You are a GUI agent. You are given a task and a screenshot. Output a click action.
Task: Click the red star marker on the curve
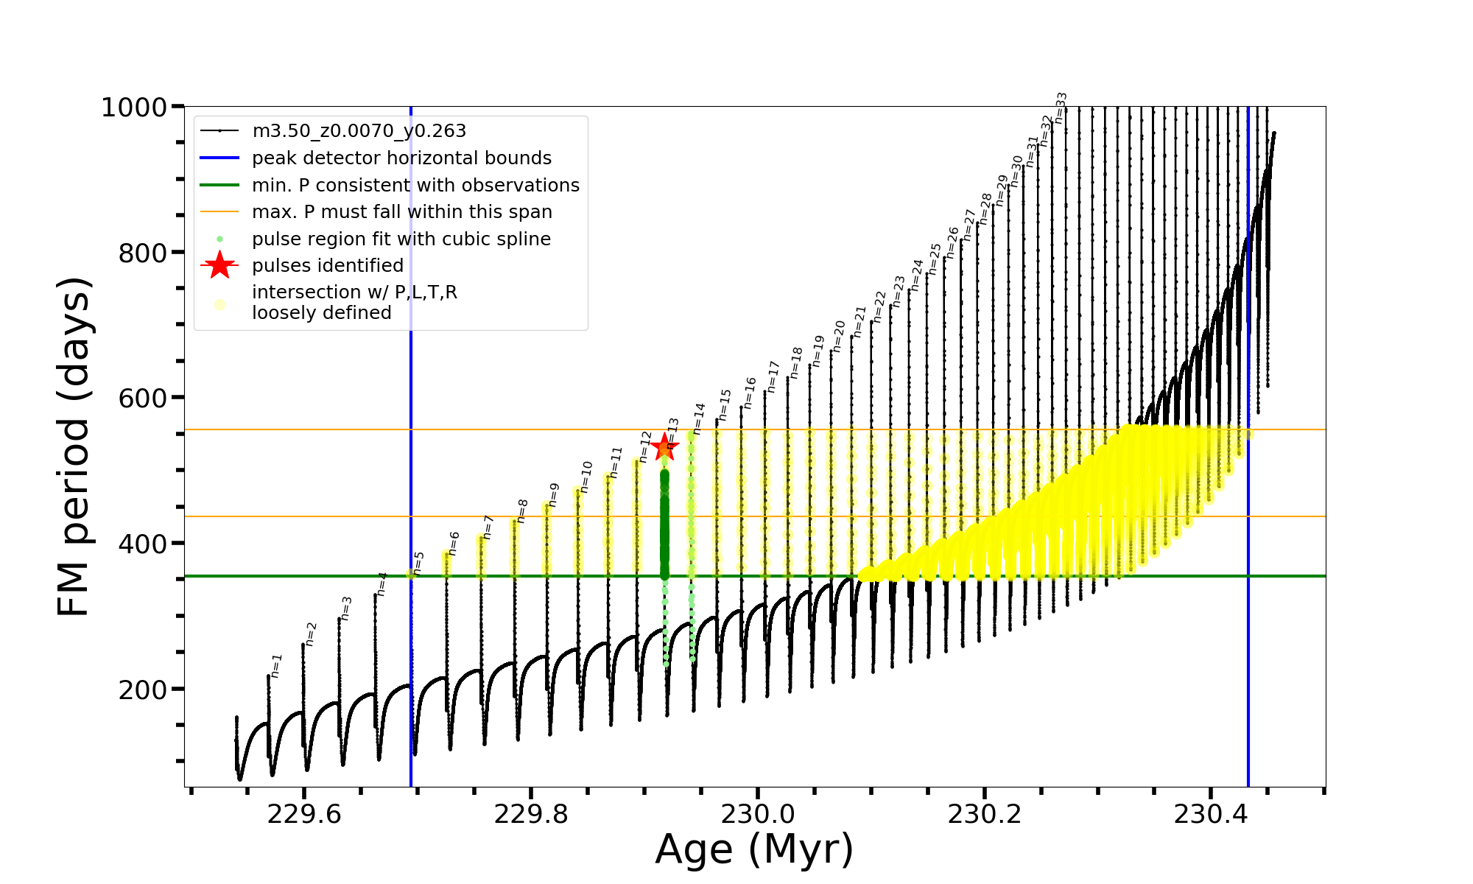tap(664, 446)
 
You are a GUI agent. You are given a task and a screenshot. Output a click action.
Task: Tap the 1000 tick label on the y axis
tap(134, 108)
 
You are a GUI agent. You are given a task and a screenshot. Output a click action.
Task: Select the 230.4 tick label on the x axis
tap(1210, 815)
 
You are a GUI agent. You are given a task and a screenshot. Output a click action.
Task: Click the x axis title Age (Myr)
tap(754, 849)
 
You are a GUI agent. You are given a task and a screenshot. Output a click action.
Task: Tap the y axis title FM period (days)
tap(74, 446)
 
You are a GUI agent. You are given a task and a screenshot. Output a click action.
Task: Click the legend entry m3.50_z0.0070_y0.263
tap(359, 131)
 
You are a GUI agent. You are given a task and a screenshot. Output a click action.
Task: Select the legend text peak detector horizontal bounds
tap(401, 158)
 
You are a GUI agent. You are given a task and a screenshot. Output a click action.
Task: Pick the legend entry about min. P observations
tap(415, 186)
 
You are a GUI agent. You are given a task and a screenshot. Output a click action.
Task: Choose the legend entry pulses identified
tap(328, 266)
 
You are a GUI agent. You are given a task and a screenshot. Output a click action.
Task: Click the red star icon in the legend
tap(219, 266)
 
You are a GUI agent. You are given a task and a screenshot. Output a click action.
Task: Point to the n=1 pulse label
tap(276, 665)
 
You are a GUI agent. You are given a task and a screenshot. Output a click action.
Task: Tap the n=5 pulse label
tap(418, 563)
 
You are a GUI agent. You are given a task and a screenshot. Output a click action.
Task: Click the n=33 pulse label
tap(1061, 108)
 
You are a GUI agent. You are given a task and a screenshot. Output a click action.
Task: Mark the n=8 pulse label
tap(522, 511)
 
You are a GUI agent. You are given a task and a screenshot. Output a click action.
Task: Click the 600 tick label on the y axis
tap(143, 399)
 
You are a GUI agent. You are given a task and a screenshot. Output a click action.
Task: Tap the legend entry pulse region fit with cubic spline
tap(401, 239)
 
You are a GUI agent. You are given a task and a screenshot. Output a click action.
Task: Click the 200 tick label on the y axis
tap(143, 690)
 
